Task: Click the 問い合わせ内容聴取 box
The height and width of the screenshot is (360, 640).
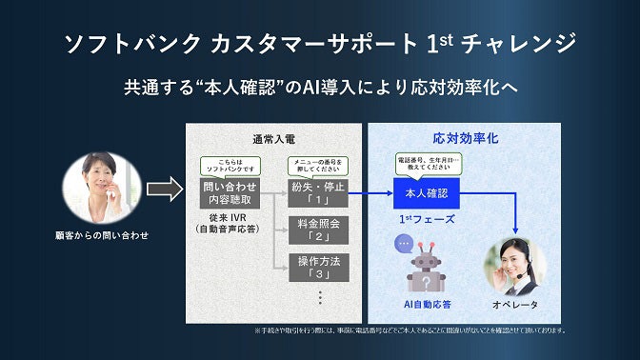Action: [x=227, y=193]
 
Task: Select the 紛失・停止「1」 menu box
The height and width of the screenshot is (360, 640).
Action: [x=318, y=193]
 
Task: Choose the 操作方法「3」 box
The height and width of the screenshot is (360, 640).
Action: [x=318, y=266]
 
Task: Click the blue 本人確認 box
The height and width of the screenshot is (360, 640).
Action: [x=426, y=193]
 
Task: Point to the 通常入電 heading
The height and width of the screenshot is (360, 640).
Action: [x=273, y=139]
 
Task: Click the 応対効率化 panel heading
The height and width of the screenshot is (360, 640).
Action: [x=465, y=139]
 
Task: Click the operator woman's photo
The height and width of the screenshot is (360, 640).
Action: [x=515, y=266]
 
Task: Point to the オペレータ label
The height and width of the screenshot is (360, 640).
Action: [x=515, y=305]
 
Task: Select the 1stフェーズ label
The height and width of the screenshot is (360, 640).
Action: [x=426, y=219]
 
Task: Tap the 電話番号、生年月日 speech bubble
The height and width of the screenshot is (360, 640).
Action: [x=426, y=164]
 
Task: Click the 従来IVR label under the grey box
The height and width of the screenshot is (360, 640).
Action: [x=227, y=223]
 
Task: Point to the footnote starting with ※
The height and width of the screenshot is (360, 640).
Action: [x=410, y=330]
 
